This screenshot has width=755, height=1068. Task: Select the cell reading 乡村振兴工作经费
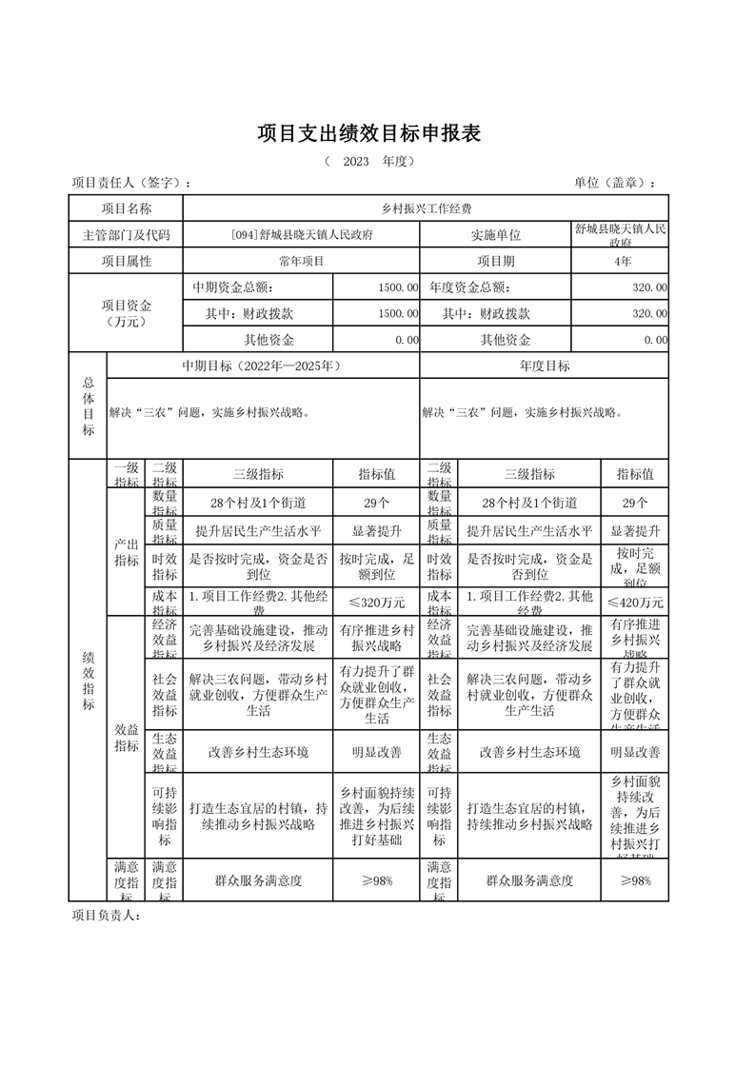426,208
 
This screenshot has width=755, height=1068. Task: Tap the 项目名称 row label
127,208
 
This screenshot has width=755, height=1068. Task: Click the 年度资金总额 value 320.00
648,287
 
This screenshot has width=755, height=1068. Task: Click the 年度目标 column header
545,366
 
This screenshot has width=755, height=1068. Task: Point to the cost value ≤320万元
376,602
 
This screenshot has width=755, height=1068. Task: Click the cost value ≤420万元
635,602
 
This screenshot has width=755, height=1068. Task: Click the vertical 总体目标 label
88,405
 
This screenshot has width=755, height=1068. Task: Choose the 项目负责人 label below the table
107,916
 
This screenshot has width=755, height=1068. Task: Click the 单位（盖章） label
614,184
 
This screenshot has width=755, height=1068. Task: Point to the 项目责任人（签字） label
132,184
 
